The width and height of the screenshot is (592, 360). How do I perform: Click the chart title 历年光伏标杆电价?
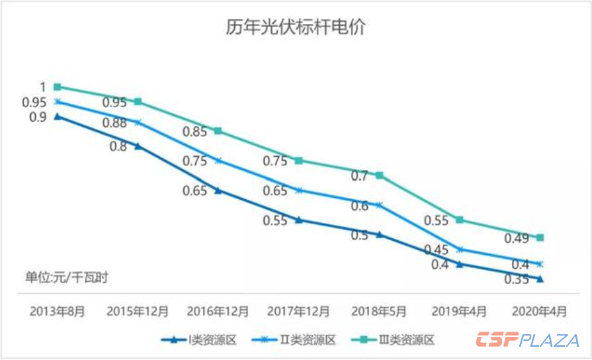296,28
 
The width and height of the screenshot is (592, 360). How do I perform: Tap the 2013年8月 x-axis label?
57,310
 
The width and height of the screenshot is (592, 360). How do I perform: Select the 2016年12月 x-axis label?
218,310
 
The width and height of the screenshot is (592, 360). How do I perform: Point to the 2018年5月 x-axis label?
378,310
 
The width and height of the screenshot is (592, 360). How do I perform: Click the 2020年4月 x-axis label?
540,310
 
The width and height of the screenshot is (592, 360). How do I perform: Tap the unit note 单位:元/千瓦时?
66,277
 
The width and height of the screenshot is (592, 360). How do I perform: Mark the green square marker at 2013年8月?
58,87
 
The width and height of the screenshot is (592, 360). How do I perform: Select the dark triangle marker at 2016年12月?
218,191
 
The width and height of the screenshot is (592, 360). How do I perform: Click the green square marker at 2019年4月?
460,220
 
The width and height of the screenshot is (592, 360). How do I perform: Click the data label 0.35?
517,280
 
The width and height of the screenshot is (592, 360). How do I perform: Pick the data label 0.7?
360,176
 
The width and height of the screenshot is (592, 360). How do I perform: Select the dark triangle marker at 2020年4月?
540,279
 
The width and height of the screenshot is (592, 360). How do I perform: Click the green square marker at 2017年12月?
299,161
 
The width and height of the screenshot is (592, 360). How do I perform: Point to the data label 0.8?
118,146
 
